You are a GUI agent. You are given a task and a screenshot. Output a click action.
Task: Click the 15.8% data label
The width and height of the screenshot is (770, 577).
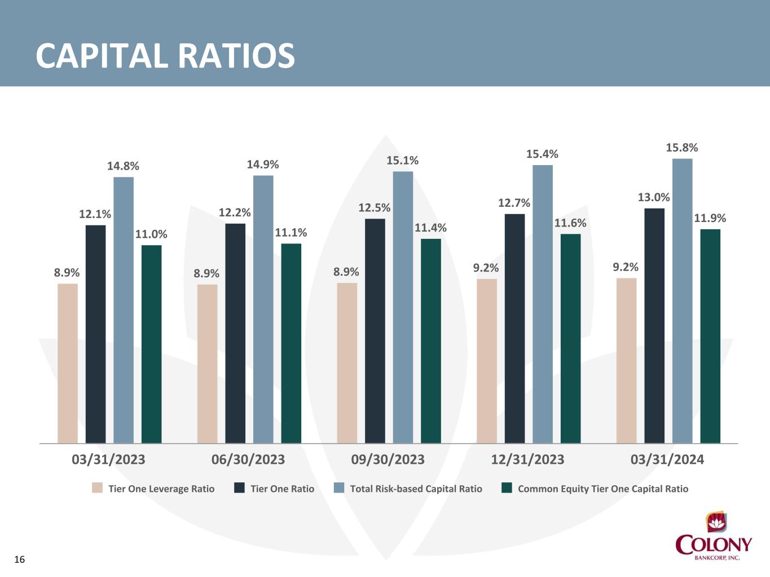tap(681, 148)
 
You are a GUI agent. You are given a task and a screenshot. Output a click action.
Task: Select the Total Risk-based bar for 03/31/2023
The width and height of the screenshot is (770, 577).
tap(124, 310)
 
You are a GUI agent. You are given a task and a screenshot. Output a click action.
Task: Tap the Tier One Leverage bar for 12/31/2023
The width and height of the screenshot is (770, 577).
tap(487, 361)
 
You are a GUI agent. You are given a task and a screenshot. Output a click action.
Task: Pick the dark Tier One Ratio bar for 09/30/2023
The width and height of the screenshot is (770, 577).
tap(375, 331)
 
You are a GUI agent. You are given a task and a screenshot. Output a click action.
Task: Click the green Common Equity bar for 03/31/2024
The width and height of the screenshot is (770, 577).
tap(710, 336)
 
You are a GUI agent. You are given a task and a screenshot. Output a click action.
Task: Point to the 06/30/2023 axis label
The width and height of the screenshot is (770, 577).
tap(248, 459)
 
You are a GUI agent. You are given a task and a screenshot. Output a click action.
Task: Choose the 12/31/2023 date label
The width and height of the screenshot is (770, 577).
tap(527, 459)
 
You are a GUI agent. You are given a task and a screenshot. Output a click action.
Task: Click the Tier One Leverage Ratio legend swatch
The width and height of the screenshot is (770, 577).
tap(97, 488)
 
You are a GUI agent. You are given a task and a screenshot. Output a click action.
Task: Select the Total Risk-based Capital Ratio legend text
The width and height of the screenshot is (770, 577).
tap(416, 489)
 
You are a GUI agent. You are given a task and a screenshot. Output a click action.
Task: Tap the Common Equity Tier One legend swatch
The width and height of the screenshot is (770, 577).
tap(507, 488)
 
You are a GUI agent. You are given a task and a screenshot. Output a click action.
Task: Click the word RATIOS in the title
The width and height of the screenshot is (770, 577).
tap(237, 56)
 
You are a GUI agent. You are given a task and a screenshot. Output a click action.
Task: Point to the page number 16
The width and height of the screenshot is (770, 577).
tap(19, 560)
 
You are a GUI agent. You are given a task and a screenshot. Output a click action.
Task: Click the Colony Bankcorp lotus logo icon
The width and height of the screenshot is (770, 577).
tap(716, 523)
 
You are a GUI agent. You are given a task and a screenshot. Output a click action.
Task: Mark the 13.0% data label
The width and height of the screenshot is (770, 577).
tap(654, 198)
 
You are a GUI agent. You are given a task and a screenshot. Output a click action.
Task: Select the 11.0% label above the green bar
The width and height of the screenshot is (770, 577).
tap(151, 234)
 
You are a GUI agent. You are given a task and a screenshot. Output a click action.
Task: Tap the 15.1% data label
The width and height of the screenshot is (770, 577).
tap(402, 161)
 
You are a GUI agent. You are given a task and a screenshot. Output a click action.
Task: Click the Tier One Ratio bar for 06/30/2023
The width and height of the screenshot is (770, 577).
tap(235, 334)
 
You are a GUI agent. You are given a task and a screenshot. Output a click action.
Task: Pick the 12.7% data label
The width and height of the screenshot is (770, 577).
tap(514, 203)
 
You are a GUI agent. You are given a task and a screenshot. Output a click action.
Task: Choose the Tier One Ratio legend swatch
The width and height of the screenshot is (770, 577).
tap(239, 488)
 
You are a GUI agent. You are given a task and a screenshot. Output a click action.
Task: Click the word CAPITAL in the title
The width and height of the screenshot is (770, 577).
tap(102, 56)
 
